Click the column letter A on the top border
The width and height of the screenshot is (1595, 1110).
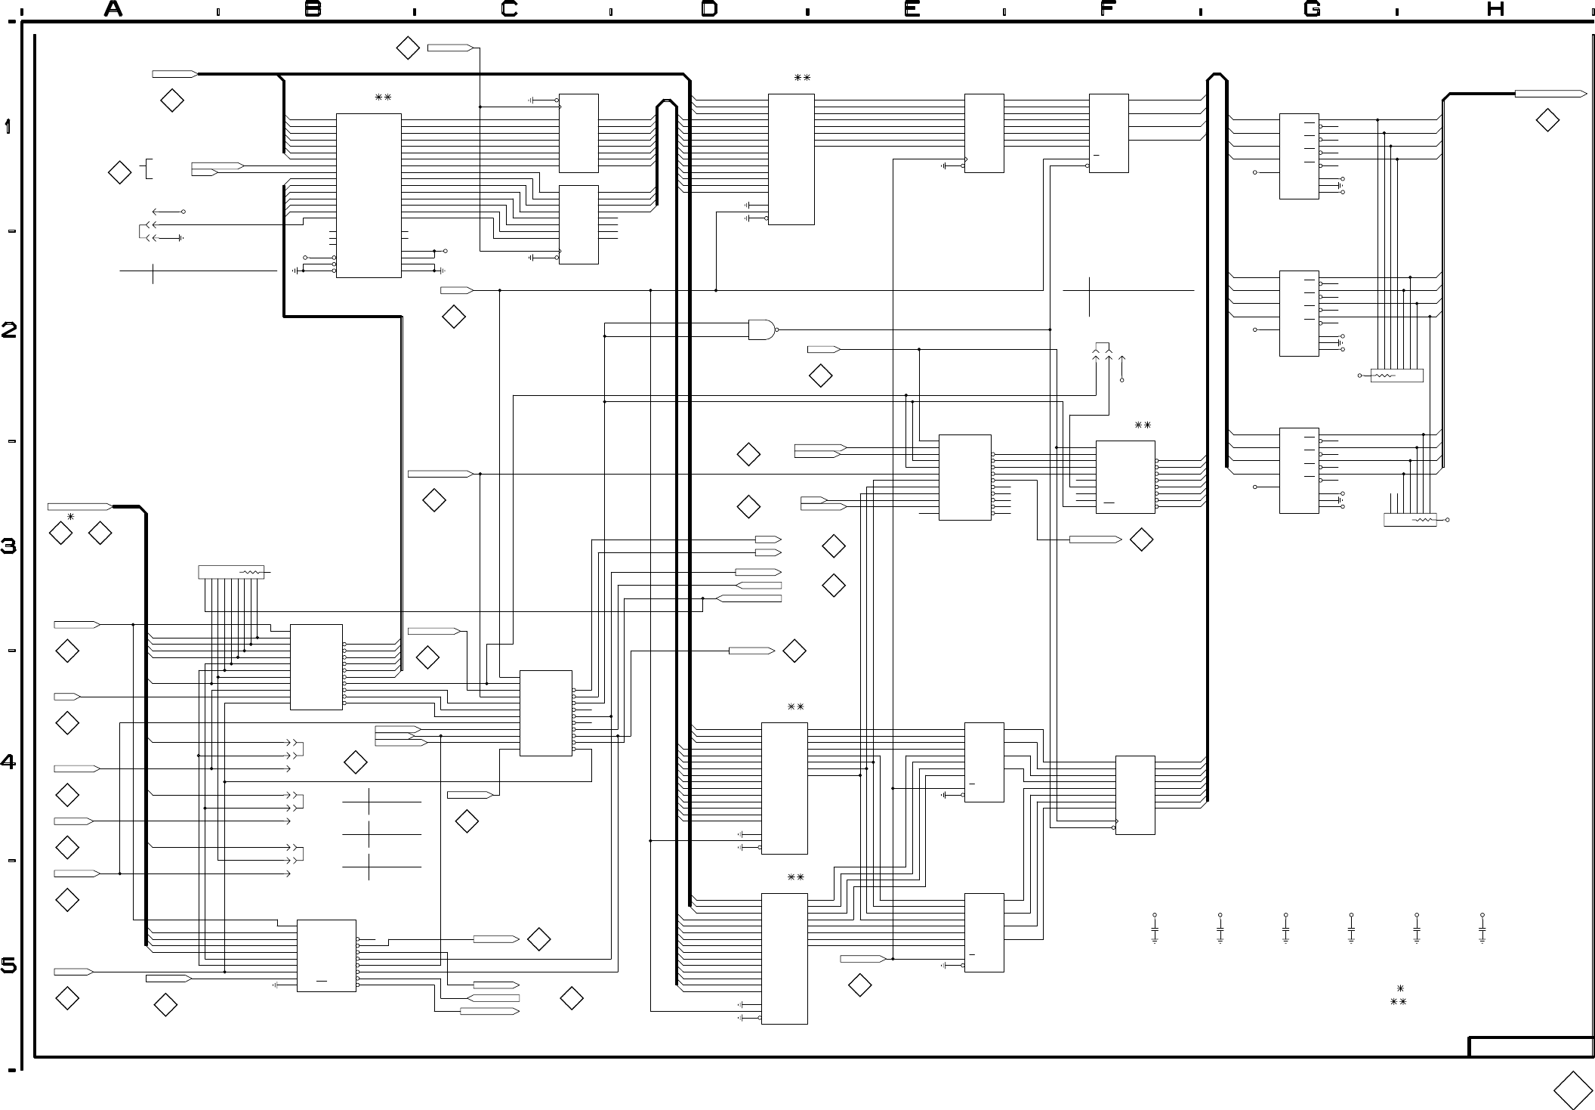[x=113, y=9]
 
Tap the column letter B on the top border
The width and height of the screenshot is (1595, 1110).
[x=313, y=9]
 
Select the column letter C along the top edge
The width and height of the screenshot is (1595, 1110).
[x=510, y=9]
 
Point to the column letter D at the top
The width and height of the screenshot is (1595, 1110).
[x=709, y=9]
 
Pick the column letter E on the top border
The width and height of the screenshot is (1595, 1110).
[x=912, y=9]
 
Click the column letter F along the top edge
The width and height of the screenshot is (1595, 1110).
[x=1108, y=9]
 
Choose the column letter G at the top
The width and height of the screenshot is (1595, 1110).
[x=1313, y=9]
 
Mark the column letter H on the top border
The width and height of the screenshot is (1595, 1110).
[x=1496, y=9]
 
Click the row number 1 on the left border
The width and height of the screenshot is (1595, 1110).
[x=8, y=126]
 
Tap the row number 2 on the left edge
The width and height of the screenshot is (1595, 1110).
[x=8, y=330]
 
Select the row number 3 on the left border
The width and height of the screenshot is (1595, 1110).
[x=8, y=546]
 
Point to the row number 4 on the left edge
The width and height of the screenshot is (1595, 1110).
[x=8, y=762]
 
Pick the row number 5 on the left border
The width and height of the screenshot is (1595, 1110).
[x=8, y=966]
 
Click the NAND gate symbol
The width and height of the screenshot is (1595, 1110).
[x=763, y=329]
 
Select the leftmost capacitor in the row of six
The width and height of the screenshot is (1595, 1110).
[x=1155, y=929]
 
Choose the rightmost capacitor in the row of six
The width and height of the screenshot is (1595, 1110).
[x=1482, y=929]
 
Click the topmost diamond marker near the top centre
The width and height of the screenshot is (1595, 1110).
[x=408, y=48]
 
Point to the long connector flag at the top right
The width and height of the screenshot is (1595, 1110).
[x=1550, y=94]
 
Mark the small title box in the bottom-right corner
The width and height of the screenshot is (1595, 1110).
[x=1531, y=1047]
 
